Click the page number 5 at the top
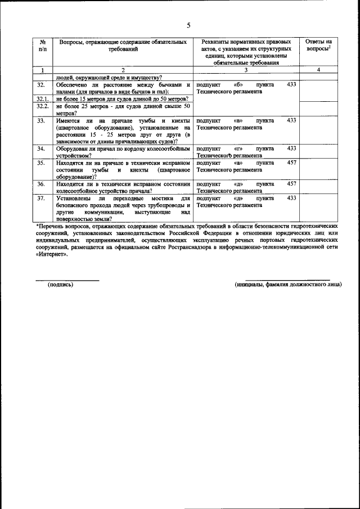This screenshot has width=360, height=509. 188,25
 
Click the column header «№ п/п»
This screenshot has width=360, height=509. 42,46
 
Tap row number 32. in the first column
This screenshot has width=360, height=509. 40,84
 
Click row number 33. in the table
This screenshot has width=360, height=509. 40,120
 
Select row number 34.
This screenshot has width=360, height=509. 40,148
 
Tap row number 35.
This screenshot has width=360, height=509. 40,163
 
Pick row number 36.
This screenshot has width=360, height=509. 40,183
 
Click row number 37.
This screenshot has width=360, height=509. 40,198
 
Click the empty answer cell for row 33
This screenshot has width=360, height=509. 318,130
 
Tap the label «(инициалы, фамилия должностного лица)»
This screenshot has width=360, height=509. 288,284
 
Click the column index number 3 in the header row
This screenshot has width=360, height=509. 246,70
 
